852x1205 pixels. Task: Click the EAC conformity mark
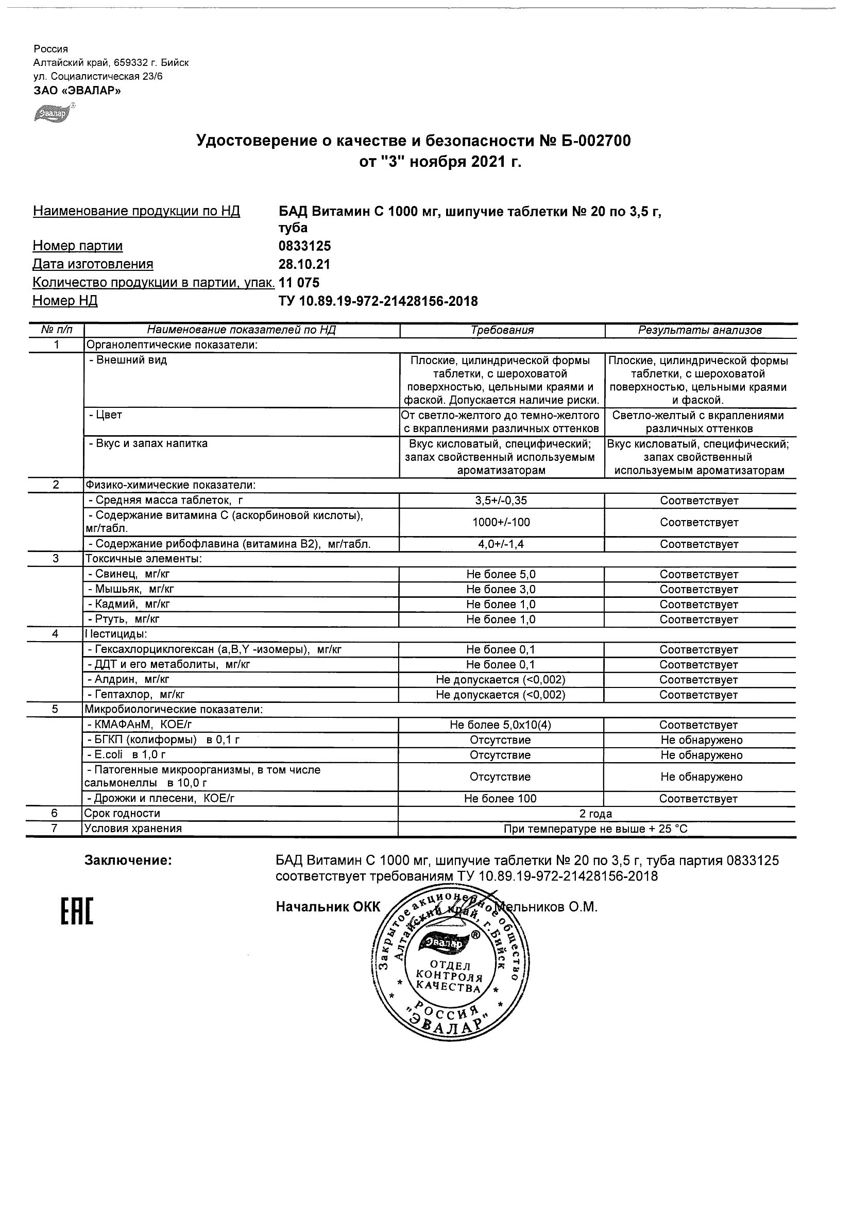tap(77, 911)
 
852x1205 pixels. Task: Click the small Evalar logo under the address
tap(53, 113)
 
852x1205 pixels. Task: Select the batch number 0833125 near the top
tap(305, 246)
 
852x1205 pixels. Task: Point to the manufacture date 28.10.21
tap(304, 264)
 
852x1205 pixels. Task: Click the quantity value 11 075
tap(299, 282)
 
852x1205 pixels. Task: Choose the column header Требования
tap(502, 330)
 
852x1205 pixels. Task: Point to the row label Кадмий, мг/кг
tap(129, 604)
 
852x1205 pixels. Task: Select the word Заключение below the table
tap(128, 860)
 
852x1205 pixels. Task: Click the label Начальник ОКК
tap(328, 907)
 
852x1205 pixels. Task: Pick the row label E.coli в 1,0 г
tap(128, 755)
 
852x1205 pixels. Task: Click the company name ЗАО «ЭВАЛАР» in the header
tap(77, 91)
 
